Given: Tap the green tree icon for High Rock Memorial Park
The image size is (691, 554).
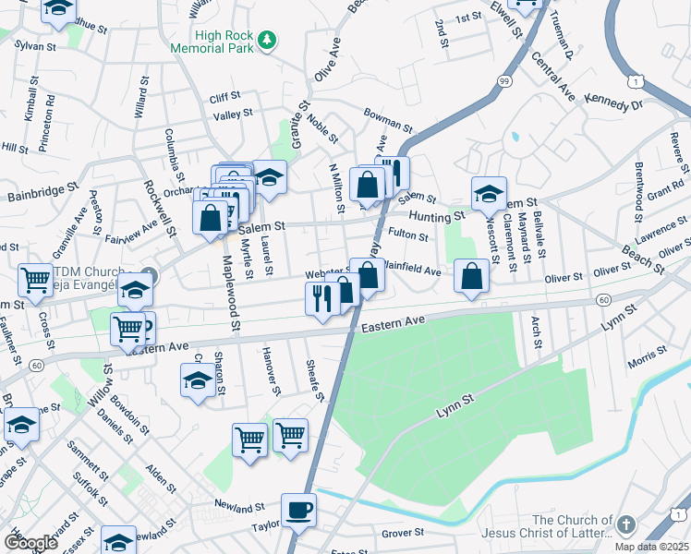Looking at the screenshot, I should click(267, 39).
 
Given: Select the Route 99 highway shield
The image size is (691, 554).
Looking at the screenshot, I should click(503, 82).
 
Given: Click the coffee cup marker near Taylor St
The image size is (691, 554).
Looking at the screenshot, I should click(298, 509).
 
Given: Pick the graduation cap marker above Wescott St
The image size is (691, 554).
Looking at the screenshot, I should click(489, 193).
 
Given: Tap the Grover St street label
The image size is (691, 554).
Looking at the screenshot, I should click(402, 533).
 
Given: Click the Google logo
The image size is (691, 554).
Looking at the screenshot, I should click(30, 543).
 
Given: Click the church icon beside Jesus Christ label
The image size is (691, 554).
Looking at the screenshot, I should click(627, 524).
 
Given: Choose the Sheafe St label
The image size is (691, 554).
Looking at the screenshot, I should click(316, 381).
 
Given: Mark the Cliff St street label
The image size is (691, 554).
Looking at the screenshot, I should click(224, 95).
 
